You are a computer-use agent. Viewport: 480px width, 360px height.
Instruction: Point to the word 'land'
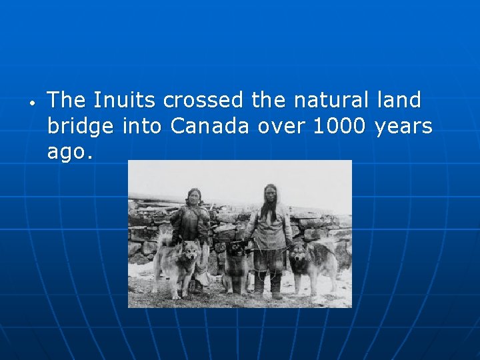coord(398,101)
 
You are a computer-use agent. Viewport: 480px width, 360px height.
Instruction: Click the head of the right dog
coord(299,255)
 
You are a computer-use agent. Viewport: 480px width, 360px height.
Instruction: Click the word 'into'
coord(141,126)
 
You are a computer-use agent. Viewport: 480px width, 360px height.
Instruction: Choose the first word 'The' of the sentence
coord(67,101)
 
